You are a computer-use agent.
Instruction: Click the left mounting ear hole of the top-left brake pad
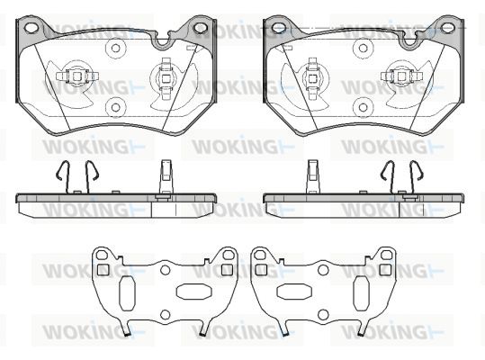(31, 28)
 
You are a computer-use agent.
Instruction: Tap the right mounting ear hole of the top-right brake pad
(447, 28)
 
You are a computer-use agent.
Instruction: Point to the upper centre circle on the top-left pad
(115, 49)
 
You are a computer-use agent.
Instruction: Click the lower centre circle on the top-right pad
(364, 108)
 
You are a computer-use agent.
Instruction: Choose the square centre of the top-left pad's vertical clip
(166, 79)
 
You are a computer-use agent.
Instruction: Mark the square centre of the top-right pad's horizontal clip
(402, 76)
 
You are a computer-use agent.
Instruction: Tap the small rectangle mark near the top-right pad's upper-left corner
(288, 48)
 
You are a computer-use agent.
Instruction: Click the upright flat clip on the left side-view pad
(166, 179)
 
